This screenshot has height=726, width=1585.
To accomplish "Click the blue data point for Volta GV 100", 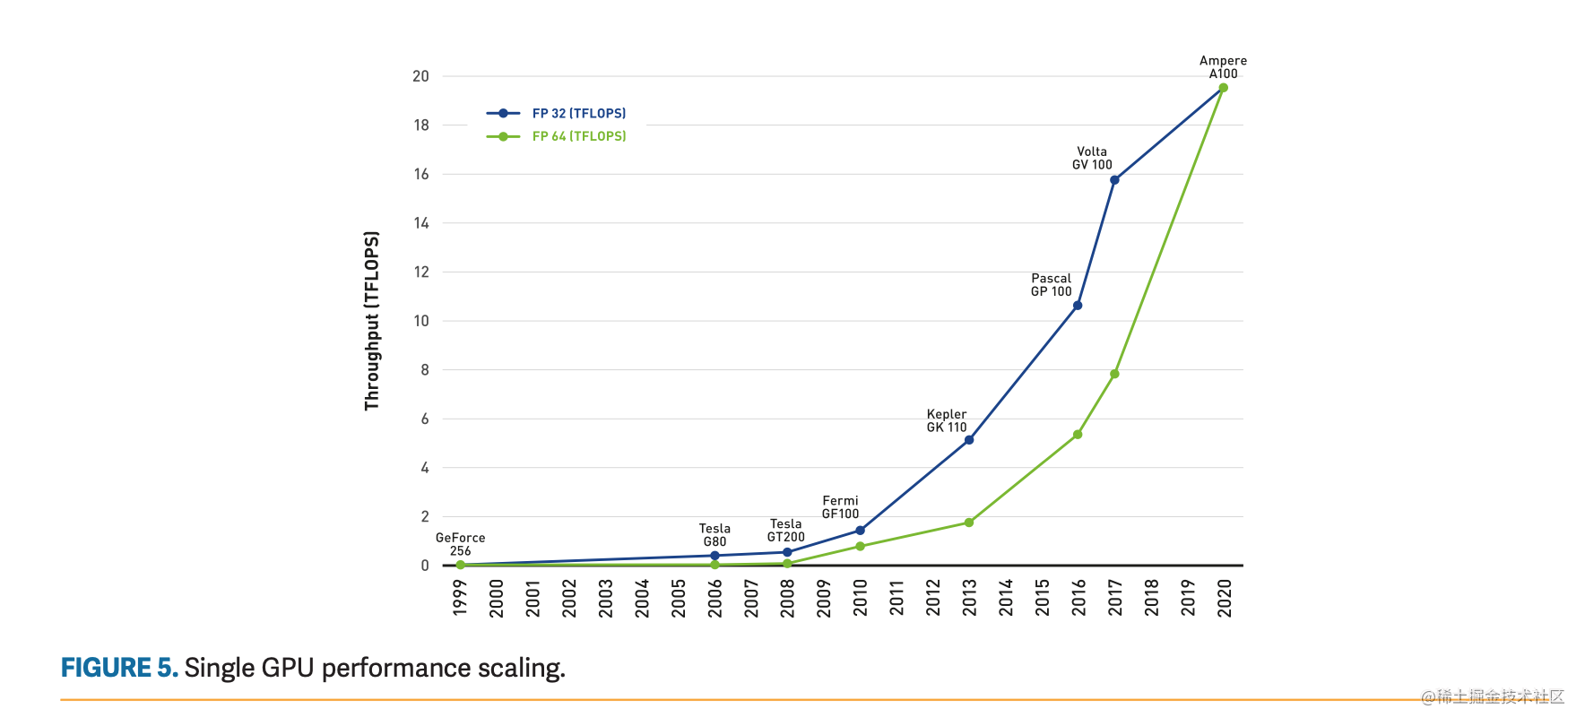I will (x=1114, y=180).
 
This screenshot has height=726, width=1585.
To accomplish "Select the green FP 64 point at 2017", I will (x=1114, y=374).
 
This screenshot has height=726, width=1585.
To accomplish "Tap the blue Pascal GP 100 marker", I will (x=1078, y=306).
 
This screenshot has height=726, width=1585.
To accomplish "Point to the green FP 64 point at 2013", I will (x=969, y=523).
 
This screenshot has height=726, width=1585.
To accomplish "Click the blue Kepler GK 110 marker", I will (x=969, y=440).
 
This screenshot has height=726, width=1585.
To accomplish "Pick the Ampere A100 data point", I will (x=1223, y=88).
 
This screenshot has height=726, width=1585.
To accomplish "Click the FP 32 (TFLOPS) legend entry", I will (x=578, y=114).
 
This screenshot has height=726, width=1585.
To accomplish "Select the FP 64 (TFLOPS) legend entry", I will (x=578, y=136).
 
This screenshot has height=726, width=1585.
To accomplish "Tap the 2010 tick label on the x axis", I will (x=861, y=598).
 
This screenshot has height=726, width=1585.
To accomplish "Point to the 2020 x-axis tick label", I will (x=1225, y=598).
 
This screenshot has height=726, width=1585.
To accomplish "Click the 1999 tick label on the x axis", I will (x=460, y=598).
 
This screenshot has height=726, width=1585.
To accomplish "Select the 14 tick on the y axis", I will (x=421, y=223).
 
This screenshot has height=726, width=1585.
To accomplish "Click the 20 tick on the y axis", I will (x=421, y=76).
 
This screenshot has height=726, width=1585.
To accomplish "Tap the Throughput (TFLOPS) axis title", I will (x=372, y=321).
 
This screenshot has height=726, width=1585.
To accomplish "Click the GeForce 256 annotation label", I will (x=461, y=544).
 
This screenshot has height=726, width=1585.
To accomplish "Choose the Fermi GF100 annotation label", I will (x=841, y=507).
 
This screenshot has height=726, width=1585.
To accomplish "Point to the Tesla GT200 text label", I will (x=786, y=531).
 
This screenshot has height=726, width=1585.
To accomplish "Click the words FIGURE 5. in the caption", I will (x=119, y=668).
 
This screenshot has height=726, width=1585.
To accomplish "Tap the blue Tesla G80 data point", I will (x=715, y=556).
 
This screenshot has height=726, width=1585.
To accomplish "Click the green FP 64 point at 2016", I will (x=1078, y=435).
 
